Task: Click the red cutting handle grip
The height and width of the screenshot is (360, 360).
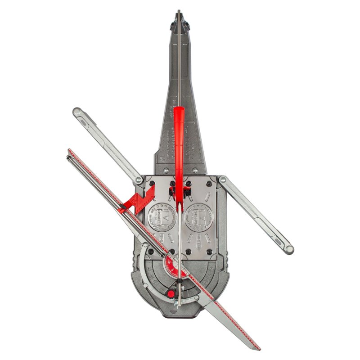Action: pos(179,135)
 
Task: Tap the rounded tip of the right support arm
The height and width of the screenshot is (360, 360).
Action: pos(288,249)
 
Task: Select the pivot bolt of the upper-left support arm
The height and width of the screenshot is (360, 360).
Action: pos(139,180)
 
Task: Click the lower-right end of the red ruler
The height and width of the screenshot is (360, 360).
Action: pos(257,347)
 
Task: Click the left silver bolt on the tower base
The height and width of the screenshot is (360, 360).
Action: pos(166,170)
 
